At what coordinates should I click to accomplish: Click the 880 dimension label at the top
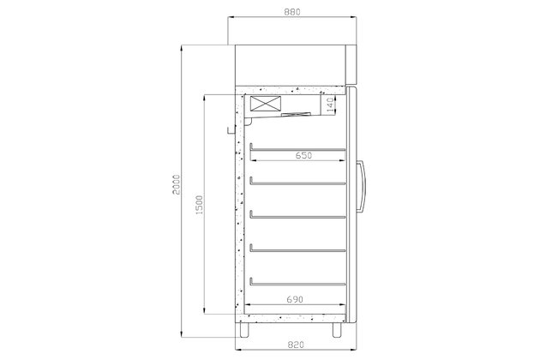point(292,12)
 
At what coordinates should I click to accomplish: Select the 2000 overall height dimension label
point(176,184)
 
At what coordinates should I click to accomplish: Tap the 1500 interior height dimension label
point(199,206)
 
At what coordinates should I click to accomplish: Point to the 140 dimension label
point(330,105)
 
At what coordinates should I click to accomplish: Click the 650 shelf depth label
point(303,155)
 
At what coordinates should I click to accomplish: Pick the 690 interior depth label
point(295,299)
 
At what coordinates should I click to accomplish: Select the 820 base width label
point(295,345)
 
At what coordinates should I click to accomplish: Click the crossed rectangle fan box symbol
point(265,104)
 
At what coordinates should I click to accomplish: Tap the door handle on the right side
point(361,186)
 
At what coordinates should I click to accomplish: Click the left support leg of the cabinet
point(244,330)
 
